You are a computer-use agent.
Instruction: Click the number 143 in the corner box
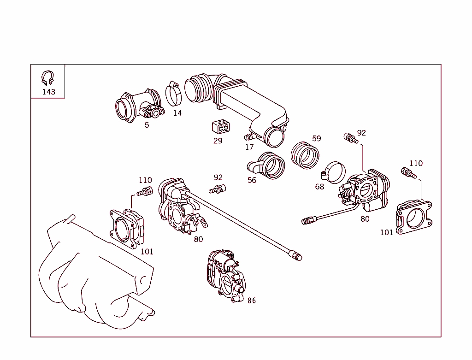tap(48, 92)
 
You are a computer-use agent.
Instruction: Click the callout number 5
tap(147, 125)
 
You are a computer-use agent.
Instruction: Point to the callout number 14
tap(177, 113)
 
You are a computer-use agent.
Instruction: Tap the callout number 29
tap(218, 141)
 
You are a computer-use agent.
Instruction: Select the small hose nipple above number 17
tap(249, 137)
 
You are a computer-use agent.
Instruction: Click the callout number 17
tap(249, 148)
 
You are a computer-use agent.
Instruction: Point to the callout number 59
tap(316, 138)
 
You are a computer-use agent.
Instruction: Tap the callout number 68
tap(319, 187)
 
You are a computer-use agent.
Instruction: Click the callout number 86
tap(251, 301)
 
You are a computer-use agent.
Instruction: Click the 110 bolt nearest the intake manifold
tap(145, 192)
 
